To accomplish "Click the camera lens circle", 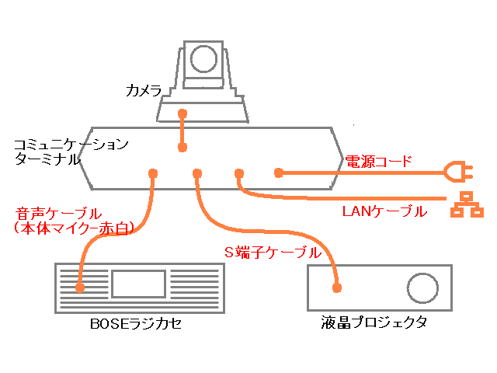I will click(x=204, y=59).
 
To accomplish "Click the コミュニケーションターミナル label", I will click(x=68, y=152).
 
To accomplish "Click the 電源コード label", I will click(x=378, y=162).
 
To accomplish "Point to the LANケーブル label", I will click(x=384, y=211).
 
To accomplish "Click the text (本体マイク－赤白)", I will click(x=75, y=228).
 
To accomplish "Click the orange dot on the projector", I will click(x=337, y=288).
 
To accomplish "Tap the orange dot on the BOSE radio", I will click(x=80, y=288).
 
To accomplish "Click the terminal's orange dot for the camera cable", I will click(x=182, y=147).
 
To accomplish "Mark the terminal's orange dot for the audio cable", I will click(x=153, y=173).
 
